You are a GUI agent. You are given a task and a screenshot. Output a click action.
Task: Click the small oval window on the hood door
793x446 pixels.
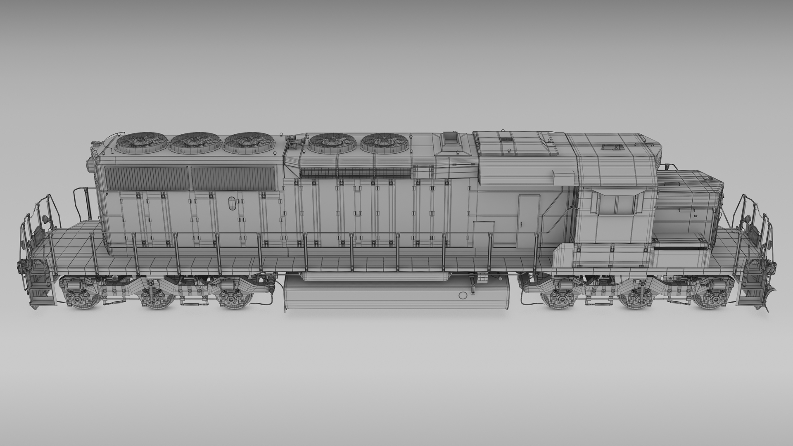pyautogui.click(x=231, y=203)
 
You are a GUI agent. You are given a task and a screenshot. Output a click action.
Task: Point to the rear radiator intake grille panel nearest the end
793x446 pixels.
pyautogui.click(x=147, y=178)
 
